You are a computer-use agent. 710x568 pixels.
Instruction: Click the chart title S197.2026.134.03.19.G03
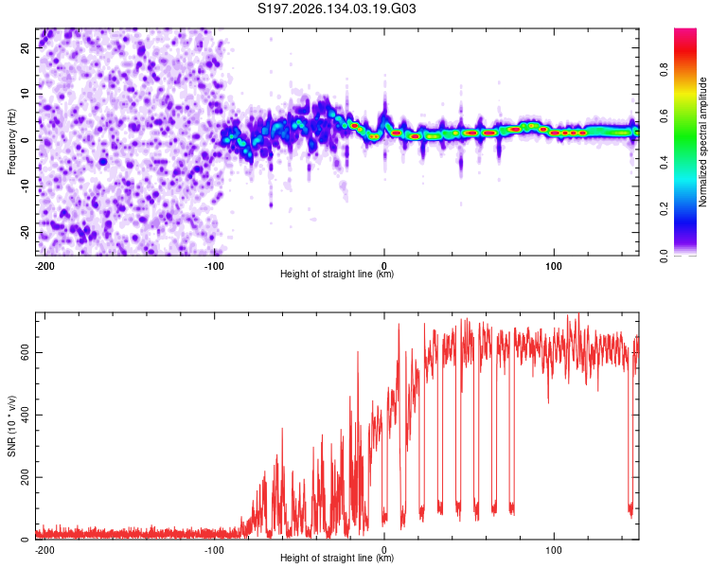(336, 9)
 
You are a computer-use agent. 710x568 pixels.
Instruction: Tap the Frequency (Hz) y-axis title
(11, 142)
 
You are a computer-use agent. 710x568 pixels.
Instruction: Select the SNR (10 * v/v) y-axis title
(11, 426)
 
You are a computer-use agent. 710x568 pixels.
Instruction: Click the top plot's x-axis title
(337, 274)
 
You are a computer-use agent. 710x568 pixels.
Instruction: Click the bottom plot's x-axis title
(337, 558)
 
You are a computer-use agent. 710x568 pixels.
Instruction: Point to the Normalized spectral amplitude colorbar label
(702, 142)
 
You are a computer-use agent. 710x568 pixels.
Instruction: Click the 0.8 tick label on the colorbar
(665, 70)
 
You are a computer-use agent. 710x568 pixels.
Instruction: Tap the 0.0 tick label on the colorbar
(665, 256)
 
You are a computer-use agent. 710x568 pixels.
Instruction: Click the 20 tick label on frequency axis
(26, 47)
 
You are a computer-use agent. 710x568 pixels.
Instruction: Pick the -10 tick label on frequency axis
(26, 186)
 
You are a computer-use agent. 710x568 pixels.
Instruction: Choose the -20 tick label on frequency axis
(26, 232)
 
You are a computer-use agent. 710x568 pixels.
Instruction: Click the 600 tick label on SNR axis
(26, 352)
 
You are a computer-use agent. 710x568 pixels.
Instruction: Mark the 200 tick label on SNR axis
(26, 477)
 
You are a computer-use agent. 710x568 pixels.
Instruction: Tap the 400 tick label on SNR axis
(26, 415)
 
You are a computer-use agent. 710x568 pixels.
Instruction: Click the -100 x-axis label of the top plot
(214, 266)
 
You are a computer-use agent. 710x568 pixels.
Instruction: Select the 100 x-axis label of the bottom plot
(554, 550)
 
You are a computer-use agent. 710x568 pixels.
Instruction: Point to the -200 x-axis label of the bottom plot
(44, 550)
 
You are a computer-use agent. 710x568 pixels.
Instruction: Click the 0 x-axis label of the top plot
(384, 266)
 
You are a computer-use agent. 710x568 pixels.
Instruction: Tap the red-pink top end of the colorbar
(685, 31)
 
